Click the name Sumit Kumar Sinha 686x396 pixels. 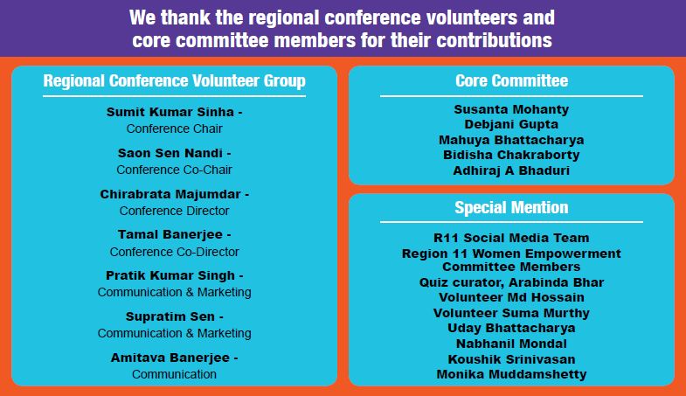[170, 112]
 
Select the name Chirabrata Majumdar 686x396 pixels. [170, 194]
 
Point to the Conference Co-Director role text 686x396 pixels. [174, 252]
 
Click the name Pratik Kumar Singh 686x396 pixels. [170, 275]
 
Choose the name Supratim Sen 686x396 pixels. [170, 316]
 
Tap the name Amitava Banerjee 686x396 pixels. [170, 358]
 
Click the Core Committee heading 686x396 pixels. [511, 80]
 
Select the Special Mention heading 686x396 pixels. [511, 207]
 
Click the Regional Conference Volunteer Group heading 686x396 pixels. [174, 81]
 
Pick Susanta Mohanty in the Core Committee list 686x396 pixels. [511, 109]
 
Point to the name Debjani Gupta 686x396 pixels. [511, 124]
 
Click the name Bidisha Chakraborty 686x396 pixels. [511, 155]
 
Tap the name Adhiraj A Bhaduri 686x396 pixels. [511, 170]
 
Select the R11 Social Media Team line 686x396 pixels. [511, 238]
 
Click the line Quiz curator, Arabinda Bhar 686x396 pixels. [511, 282]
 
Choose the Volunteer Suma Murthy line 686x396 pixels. [511, 313]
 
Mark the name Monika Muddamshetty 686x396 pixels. [511, 374]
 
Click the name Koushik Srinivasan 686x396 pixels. [511, 359]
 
